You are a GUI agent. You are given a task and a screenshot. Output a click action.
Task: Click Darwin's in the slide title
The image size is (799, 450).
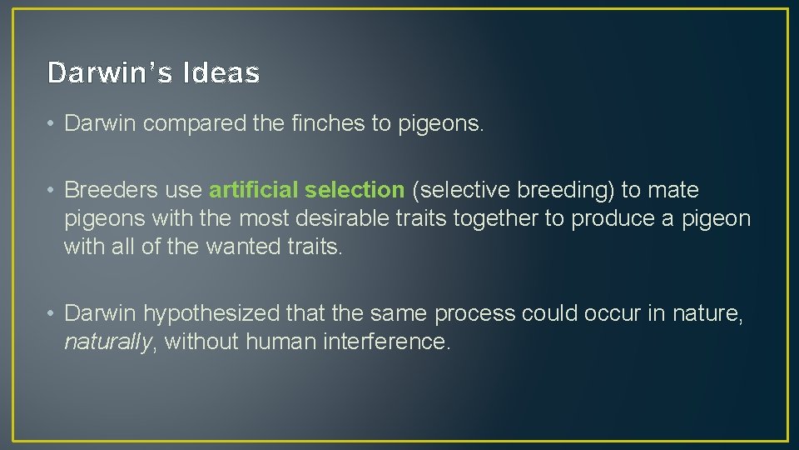112,73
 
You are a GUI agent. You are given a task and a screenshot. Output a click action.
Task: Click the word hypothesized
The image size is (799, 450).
211,313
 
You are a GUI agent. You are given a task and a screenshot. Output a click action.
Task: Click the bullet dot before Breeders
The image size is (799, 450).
52,191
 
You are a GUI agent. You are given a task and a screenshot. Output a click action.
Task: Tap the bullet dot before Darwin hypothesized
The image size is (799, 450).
52,314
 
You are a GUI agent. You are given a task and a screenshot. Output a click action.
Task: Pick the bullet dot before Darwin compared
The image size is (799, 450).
52,124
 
